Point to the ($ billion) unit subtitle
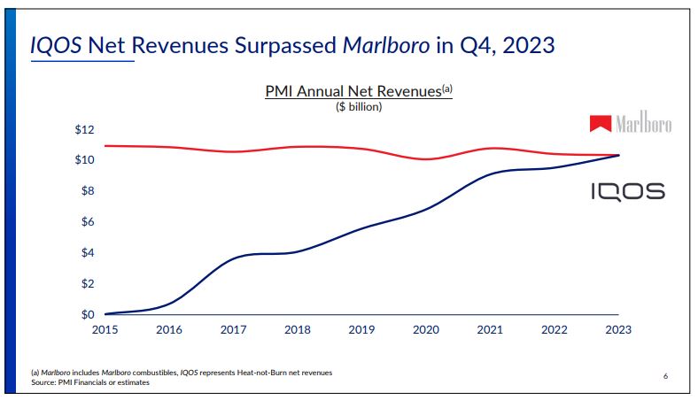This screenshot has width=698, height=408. pos(359,107)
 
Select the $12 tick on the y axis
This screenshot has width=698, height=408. pos(84,129)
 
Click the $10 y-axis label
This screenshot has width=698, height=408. pos(84,160)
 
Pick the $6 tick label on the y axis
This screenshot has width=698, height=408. pos(87,222)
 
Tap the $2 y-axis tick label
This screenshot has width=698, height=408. pos(87,284)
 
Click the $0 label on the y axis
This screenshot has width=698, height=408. pos(87,315)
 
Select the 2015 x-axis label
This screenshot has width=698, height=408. pos(105,330)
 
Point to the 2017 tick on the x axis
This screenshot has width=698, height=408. pos(233,330)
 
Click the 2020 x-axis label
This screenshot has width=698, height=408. pos(426,330)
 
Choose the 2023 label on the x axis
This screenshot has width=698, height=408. pos(618,330)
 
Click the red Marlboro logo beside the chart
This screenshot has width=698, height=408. pos(632,125)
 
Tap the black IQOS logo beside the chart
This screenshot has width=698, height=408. pos(628,192)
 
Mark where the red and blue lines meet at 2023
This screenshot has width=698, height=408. pos(617,155)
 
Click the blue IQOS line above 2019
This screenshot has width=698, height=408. pos(361,228)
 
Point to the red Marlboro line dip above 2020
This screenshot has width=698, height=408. pos(426,159)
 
